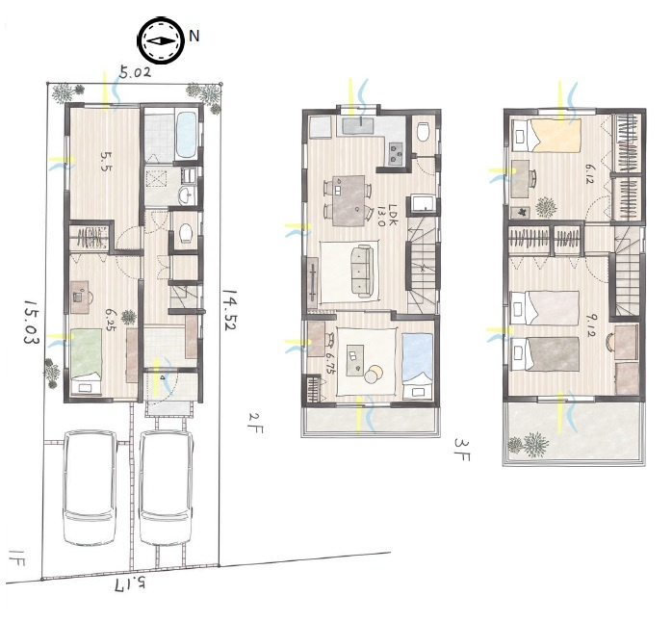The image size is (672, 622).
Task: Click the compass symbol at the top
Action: click(x=161, y=41)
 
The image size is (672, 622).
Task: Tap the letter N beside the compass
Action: click(x=194, y=36)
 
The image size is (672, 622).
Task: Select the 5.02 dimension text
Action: click(x=135, y=73)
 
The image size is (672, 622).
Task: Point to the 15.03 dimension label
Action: click(x=31, y=322)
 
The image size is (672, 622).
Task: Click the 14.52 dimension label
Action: click(x=229, y=309)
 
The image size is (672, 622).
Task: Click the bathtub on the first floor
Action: click(x=187, y=135)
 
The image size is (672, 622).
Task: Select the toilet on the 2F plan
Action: click(x=424, y=132)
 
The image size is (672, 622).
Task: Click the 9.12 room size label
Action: click(x=590, y=325)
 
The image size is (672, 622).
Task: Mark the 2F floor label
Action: click(x=255, y=423)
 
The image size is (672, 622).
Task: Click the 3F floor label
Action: click(x=463, y=450)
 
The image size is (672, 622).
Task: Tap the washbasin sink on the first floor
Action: click(x=187, y=195)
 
